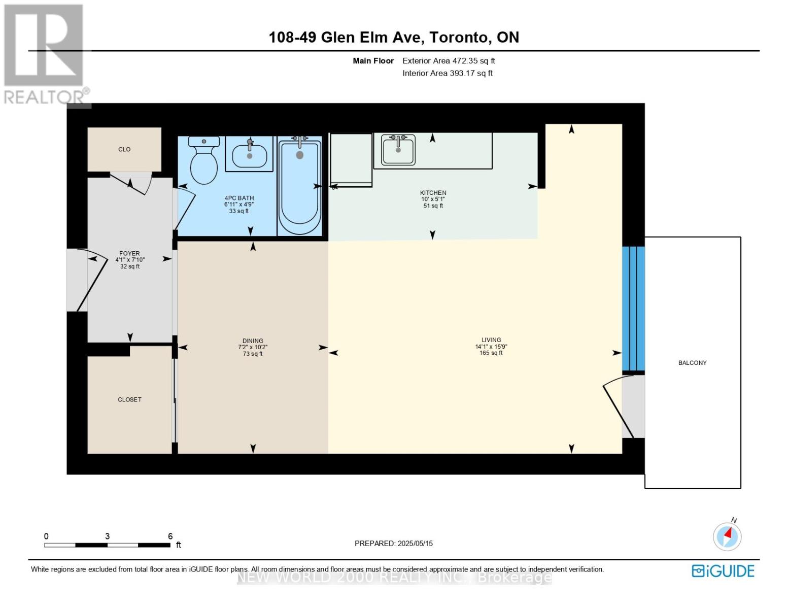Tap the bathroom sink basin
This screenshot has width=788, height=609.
[x=249, y=155]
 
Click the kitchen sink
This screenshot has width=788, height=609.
[x=398, y=149]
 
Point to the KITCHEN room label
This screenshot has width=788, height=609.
[x=433, y=193]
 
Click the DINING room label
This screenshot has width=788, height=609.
[x=253, y=341]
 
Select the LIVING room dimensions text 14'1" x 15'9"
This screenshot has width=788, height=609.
[x=491, y=347]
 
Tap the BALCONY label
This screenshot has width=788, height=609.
[x=692, y=363]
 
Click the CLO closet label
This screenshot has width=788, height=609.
[x=124, y=149]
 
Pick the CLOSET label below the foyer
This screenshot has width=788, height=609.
[x=129, y=399]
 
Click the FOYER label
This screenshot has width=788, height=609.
[x=129, y=253]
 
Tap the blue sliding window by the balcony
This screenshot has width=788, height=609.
[x=633, y=309]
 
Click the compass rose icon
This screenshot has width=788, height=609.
[x=727, y=536]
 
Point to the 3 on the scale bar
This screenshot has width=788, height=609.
[x=107, y=536]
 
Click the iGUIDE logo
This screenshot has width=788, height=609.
[x=723, y=571]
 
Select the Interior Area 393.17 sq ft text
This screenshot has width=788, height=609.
[x=448, y=73]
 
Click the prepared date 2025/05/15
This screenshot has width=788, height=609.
[x=415, y=543]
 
